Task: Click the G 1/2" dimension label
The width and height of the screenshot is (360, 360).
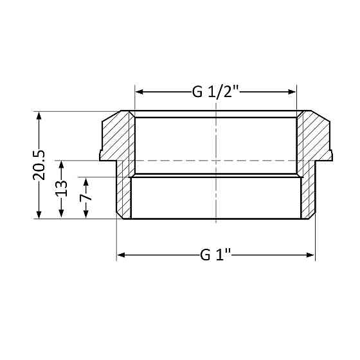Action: [216, 92]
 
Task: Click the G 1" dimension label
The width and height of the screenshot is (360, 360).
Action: [216, 255]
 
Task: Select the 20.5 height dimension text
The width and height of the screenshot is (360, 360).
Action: [39, 165]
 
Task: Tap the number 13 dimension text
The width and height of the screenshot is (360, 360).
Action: [62, 190]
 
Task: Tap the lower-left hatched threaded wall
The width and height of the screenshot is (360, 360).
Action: [123, 193]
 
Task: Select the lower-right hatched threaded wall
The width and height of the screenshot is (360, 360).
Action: [308, 193]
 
